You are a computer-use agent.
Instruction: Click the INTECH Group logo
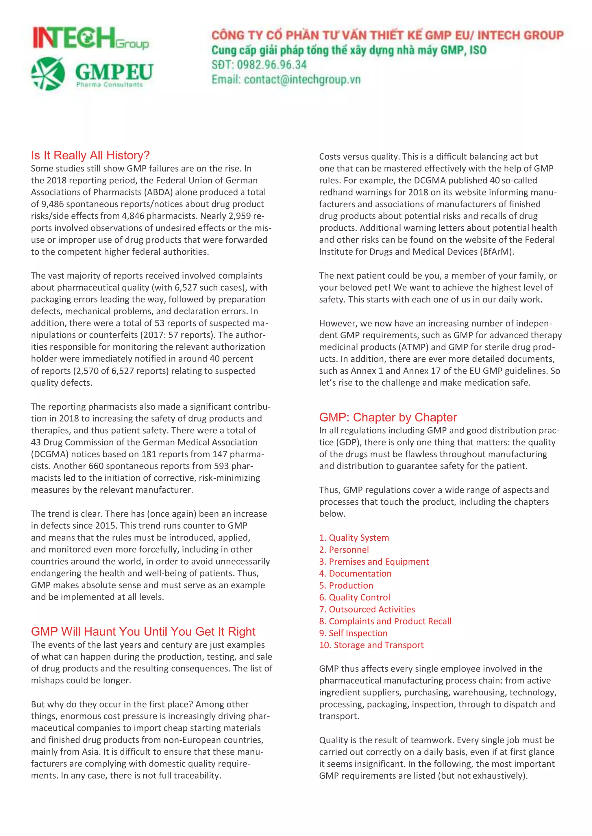click(90, 38)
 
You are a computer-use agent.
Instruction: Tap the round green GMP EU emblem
click(48, 74)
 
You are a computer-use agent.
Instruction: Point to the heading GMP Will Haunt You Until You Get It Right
click(143, 631)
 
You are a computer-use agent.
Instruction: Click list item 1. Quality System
click(354, 538)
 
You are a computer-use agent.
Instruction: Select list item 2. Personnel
click(344, 550)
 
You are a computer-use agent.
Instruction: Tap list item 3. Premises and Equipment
click(374, 562)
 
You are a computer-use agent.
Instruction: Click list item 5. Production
click(346, 585)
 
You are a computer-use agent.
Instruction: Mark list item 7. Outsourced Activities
click(367, 609)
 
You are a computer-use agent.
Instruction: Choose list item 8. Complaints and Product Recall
click(385, 622)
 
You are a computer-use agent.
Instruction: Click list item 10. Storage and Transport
click(371, 645)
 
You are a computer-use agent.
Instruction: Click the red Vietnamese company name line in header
click(387, 35)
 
